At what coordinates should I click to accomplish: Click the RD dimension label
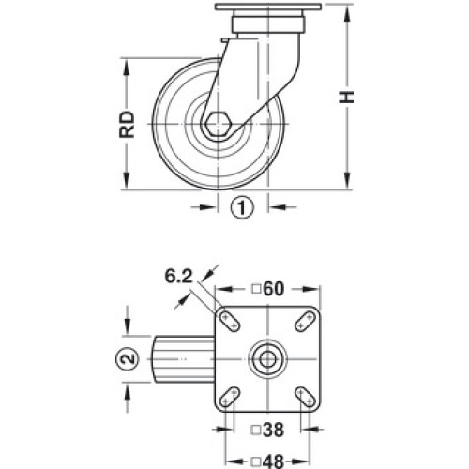point(127,124)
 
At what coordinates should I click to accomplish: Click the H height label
point(347,98)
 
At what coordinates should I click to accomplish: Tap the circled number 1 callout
point(242,207)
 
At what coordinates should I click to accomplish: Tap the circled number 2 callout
point(127,359)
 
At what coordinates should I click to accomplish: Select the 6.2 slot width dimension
point(178,277)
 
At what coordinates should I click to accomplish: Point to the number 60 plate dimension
point(274,289)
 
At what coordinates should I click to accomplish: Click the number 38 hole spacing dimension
point(273,431)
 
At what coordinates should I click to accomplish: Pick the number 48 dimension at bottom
point(273,461)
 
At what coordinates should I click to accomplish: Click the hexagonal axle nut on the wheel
point(218,124)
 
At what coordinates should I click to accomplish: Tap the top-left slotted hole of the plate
point(230,322)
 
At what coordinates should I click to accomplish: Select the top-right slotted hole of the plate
point(305,322)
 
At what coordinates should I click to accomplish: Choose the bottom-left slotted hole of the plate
point(230,397)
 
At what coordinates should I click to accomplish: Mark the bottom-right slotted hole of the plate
point(305,397)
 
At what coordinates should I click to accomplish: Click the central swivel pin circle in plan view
point(267,359)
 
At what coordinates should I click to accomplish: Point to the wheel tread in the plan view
point(183,359)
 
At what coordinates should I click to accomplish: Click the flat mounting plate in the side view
point(268,7)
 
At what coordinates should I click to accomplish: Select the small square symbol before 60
point(256,289)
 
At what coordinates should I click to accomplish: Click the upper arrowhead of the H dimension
point(347,13)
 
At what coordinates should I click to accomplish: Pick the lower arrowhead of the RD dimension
point(127,180)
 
